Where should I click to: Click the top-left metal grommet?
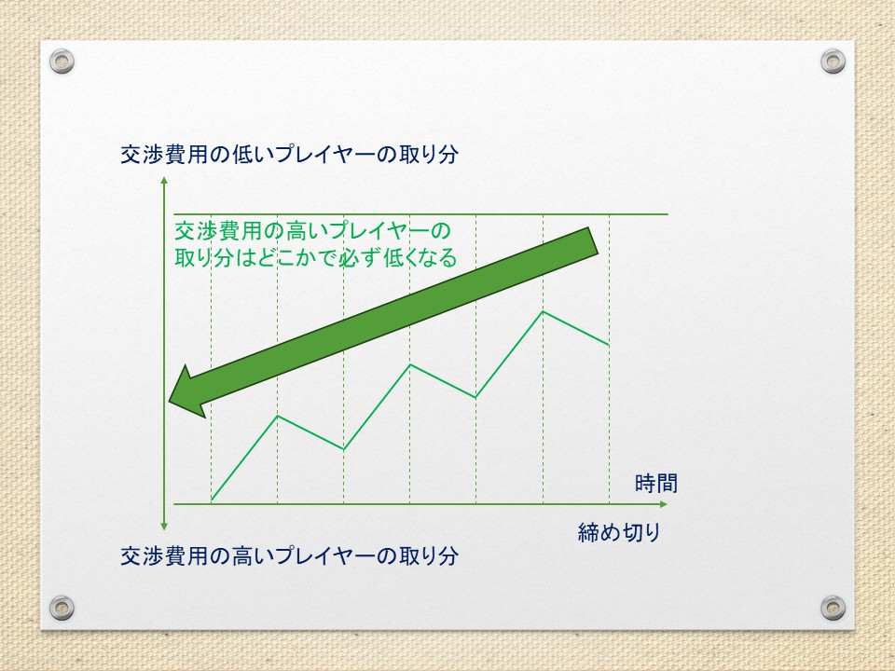tap(62, 62)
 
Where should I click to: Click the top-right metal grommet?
tap(833, 62)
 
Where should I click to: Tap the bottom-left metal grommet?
tap(62, 608)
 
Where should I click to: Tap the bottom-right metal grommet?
tap(833, 608)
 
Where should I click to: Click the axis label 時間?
tap(655, 484)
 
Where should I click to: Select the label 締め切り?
tap(619, 532)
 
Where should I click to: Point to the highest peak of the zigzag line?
tap(543, 311)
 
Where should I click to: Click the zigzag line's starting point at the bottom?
tap(212, 500)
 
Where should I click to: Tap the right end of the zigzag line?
tap(609, 345)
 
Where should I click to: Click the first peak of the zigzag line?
tap(278, 416)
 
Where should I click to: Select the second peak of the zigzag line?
tap(410, 364)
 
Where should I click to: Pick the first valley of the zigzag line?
tap(344, 449)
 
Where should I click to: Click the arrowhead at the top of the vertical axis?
tap(164, 180)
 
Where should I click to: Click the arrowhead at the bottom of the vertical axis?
tap(164, 526)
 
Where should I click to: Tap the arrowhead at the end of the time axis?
tap(663, 504)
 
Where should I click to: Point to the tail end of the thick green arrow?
tap(593, 240)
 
